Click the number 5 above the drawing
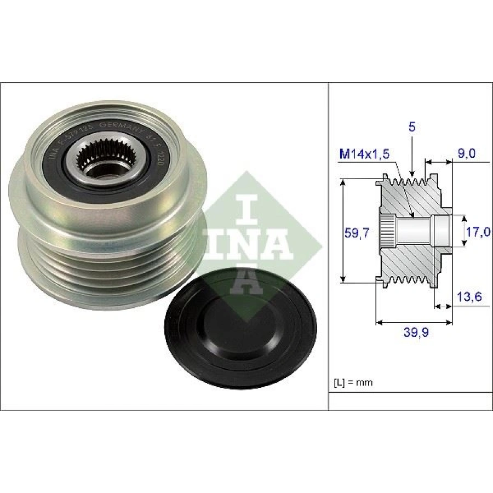pyautogui.click(x=412, y=127)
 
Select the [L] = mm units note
pyautogui.click(x=353, y=382)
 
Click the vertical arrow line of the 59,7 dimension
pyautogui.click(x=343, y=230)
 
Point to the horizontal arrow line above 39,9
pyautogui.click(x=414, y=322)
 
